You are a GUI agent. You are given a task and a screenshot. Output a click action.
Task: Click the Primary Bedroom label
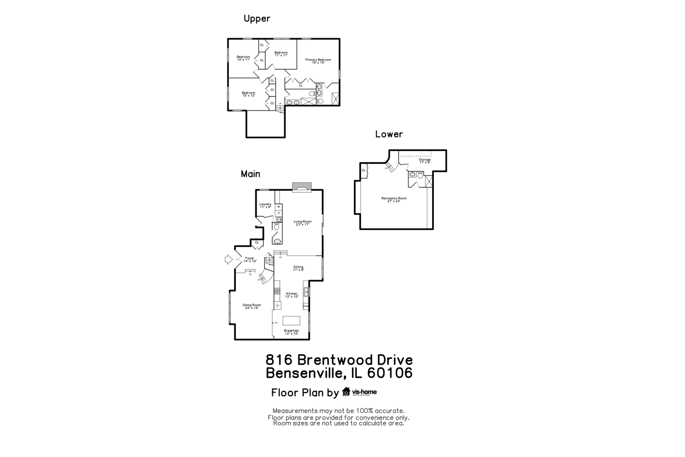(318, 61)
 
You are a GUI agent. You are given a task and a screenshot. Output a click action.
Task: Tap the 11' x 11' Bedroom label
(281, 54)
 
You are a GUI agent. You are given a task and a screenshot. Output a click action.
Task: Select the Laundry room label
(265, 205)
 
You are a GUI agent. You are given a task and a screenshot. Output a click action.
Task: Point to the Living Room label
(303, 223)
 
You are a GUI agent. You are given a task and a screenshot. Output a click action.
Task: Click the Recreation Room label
(394, 199)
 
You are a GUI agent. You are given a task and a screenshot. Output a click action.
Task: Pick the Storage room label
(425, 161)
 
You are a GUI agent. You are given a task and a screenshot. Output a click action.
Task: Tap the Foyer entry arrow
(228, 259)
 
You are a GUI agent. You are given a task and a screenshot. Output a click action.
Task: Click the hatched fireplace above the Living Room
(301, 187)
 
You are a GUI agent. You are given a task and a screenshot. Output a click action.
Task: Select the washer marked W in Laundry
(279, 206)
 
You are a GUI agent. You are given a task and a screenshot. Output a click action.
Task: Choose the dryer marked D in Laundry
(279, 213)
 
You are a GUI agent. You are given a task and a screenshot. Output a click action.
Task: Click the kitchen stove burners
(277, 291)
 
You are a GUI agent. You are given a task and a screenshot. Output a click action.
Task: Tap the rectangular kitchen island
(291, 320)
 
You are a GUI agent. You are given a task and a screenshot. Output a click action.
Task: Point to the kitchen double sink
(306, 292)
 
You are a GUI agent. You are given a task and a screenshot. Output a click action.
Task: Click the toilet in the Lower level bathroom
(420, 175)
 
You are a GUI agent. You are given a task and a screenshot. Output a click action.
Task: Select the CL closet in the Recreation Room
(364, 171)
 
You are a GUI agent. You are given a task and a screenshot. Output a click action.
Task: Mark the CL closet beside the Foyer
(257, 242)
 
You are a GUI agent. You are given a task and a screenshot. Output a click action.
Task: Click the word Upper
(257, 19)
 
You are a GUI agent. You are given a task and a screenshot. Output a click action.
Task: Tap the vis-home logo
(359, 392)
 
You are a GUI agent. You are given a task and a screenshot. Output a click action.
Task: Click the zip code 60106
(390, 373)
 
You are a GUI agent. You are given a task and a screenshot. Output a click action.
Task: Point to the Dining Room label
(252, 306)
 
